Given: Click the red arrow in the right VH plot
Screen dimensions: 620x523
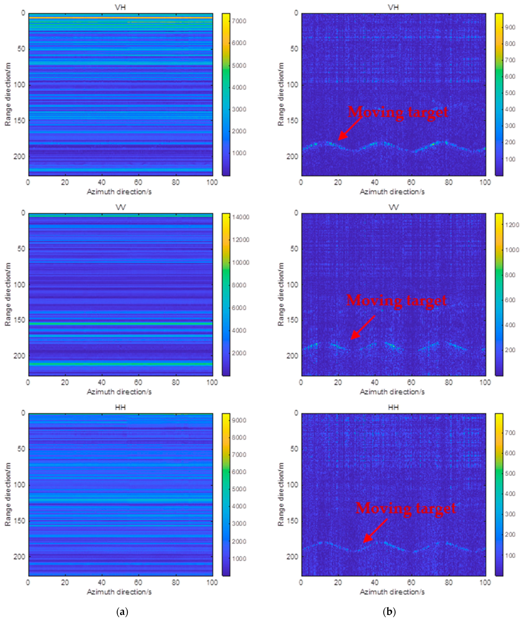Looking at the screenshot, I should coord(350,128).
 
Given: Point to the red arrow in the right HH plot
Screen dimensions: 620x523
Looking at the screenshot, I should coord(375,531).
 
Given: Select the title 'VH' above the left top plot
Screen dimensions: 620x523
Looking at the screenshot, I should coord(120,7).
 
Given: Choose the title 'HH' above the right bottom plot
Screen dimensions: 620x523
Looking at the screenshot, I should coord(393,407).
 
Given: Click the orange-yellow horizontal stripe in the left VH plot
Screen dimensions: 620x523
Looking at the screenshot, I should coord(120,18).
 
